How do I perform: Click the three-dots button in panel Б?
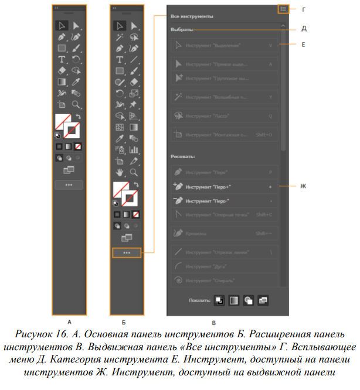(x=127, y=253)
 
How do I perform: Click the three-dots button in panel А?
(x=69, y=184)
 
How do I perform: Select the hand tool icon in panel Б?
(x=120, y=172)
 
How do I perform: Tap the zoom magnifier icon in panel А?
(x=76, y=105)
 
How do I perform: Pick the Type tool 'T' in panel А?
(x=62, y=59)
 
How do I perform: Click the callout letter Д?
(x=303, y=29)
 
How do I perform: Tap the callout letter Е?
(x=303, y=45)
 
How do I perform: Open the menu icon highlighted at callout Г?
(x=283, y=9)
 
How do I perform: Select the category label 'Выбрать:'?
(x=181, y=30)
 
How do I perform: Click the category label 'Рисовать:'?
(x=183, y=157)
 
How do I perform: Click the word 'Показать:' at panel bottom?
(x=200, y=300)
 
